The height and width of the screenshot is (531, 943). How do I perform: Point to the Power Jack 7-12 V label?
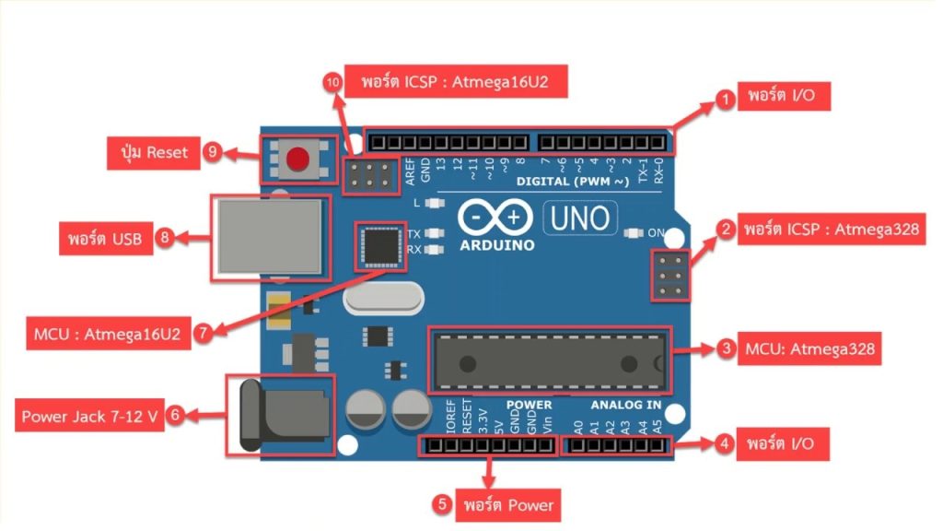tap(88, 417)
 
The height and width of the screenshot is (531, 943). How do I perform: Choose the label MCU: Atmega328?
tap(810, 349)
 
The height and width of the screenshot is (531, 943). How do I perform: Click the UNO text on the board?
tap(581, 218)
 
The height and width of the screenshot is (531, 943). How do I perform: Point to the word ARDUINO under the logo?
tap(498, 246)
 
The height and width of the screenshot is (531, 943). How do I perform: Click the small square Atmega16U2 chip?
tap(379, 245)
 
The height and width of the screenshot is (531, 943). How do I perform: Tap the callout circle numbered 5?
tap(443, 504)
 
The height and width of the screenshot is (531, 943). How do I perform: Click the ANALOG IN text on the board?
tap(626, 405)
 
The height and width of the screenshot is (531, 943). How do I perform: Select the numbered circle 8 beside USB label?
tap(165, 239)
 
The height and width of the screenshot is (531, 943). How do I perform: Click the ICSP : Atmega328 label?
tap(832, 230)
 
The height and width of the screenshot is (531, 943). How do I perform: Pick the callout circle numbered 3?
tap(726, 349)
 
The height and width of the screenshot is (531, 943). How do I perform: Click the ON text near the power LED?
tap(655, 233)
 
